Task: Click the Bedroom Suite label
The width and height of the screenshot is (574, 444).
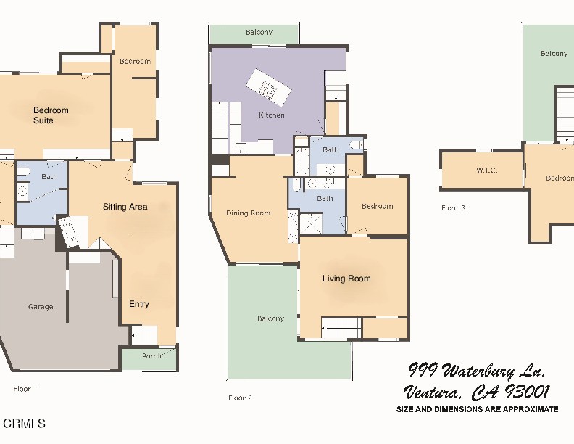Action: point(51,115)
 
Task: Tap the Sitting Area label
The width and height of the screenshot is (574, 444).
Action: point(125,207)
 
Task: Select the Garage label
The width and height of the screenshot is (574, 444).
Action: point(41,307)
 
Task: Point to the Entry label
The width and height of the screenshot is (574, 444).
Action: point(139,304)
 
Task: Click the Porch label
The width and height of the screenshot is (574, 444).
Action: point(151,356)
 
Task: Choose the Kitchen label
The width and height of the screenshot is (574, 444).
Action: point(272,115)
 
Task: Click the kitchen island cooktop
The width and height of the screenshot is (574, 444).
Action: point(267,90)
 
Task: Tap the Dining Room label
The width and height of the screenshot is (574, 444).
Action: point(248,213)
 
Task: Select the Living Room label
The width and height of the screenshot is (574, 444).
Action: point(346,279)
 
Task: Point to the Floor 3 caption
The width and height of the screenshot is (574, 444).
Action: point(453,208)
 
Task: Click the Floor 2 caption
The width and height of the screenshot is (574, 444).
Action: point(240,398)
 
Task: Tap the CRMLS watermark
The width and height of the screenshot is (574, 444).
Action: point(24,423)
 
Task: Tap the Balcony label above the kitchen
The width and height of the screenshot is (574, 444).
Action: point(259,33)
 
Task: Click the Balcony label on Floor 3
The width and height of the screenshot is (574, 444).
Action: point(554,54)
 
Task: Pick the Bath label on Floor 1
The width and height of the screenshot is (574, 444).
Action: point(49,176)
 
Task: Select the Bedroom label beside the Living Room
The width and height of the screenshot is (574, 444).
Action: point(377,206)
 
